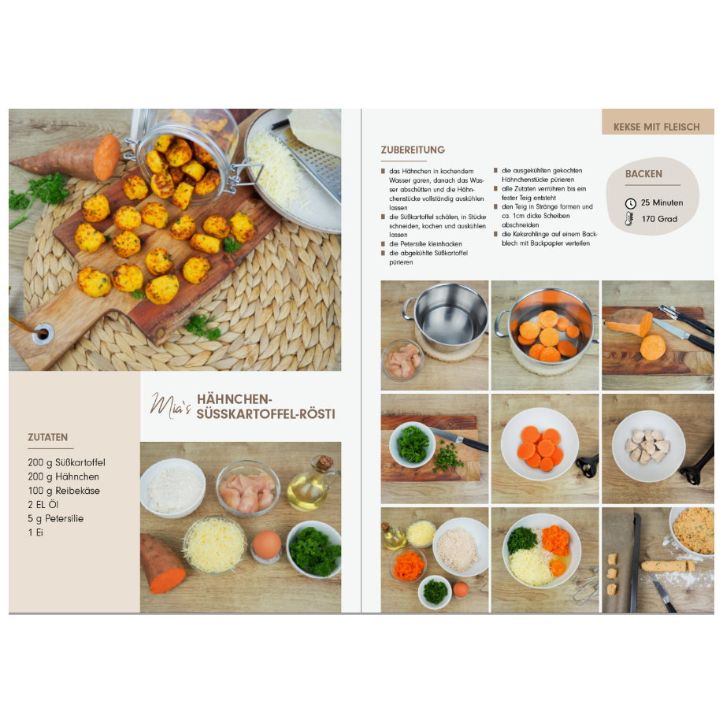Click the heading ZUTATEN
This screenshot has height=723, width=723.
[x=47, y=437]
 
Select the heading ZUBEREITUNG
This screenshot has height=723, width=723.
[x=413, y=150]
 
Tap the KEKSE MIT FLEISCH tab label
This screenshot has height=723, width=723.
[x=657, y=127]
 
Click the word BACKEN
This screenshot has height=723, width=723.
[x=643, y=174]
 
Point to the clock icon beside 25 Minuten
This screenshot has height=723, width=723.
[x=630, y=203]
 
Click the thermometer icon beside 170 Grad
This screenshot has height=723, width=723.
[x=629, y=219]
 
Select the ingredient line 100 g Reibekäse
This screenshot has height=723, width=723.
[x=64, y=491]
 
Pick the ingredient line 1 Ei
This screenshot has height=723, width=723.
[x=35, y=532]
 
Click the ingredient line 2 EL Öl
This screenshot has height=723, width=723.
[x=43, y=504]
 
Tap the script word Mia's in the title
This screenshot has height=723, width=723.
[x=169, y=406]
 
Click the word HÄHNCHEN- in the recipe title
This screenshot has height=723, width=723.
[x=234, y=399]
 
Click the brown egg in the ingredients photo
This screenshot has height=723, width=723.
[x=267, y=544]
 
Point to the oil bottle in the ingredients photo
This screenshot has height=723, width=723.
[x=310, y=484]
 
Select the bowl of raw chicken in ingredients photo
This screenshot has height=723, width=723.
[x=247, y=488]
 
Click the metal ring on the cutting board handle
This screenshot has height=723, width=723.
[x=43, y=333]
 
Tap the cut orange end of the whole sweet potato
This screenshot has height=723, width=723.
[x=106, y=158]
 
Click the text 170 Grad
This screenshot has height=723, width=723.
[x=659, y=219]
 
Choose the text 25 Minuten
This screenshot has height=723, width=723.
[x=662, y=203]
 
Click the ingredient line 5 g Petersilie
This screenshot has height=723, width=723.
[x=55, y=519]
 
